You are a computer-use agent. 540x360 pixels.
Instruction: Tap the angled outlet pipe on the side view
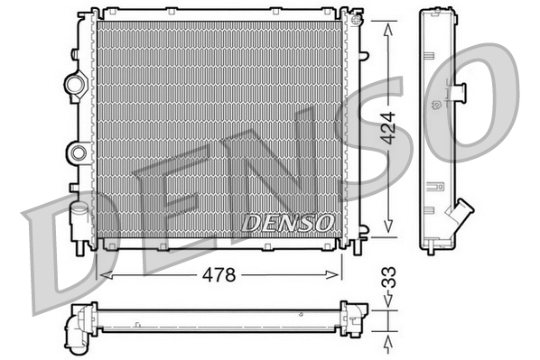pyautogui.click(x=461, y=217)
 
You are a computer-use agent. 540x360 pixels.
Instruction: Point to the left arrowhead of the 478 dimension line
pyautogui.click(x=101, y=272)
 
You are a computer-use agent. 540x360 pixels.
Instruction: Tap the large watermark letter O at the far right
pyautogui.click(x=488, y=99)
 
